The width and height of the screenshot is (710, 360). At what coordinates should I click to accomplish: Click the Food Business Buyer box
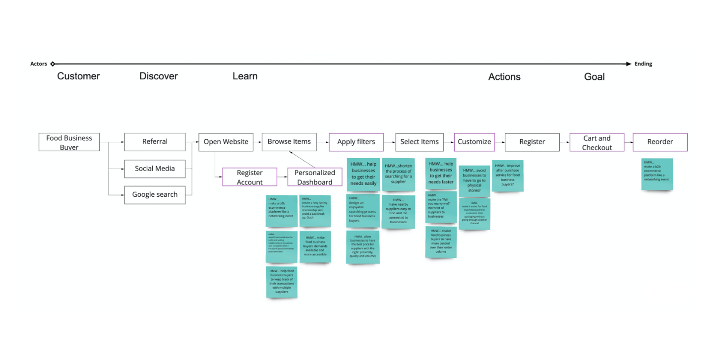coord(69,142)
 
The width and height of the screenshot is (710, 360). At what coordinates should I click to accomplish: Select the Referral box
coord(155,142)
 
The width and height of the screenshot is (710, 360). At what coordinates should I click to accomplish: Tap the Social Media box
coord(155,169)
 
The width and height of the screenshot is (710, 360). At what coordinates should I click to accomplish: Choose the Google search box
coord(155,194)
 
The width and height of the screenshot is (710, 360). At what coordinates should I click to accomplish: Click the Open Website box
coord(226,142)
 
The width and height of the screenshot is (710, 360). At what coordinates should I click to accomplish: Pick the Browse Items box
coord(289,142)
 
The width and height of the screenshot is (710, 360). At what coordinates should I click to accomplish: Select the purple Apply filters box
coord(356,142)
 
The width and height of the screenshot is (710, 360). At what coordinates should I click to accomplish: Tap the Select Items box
coord(419,142)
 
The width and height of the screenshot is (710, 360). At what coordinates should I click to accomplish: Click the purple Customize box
coord(474,142)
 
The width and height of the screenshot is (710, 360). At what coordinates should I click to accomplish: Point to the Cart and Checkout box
coord(597,142)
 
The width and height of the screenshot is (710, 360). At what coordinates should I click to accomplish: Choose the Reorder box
coord(660,142)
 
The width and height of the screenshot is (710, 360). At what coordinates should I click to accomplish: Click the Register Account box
coord(249,177)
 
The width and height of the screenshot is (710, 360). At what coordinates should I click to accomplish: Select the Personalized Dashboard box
coord(315,177)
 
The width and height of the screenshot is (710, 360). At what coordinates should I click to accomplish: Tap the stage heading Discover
coord(158,76)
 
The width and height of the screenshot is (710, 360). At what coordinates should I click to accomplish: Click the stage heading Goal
coord(594,77)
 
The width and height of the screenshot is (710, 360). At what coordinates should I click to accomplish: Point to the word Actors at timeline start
coord(38,64)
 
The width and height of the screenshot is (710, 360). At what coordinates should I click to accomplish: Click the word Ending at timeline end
coord(644,64)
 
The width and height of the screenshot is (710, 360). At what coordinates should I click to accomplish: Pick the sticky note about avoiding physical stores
coord(474,180)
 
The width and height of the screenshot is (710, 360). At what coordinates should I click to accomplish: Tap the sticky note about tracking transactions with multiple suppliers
coord(282,282)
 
